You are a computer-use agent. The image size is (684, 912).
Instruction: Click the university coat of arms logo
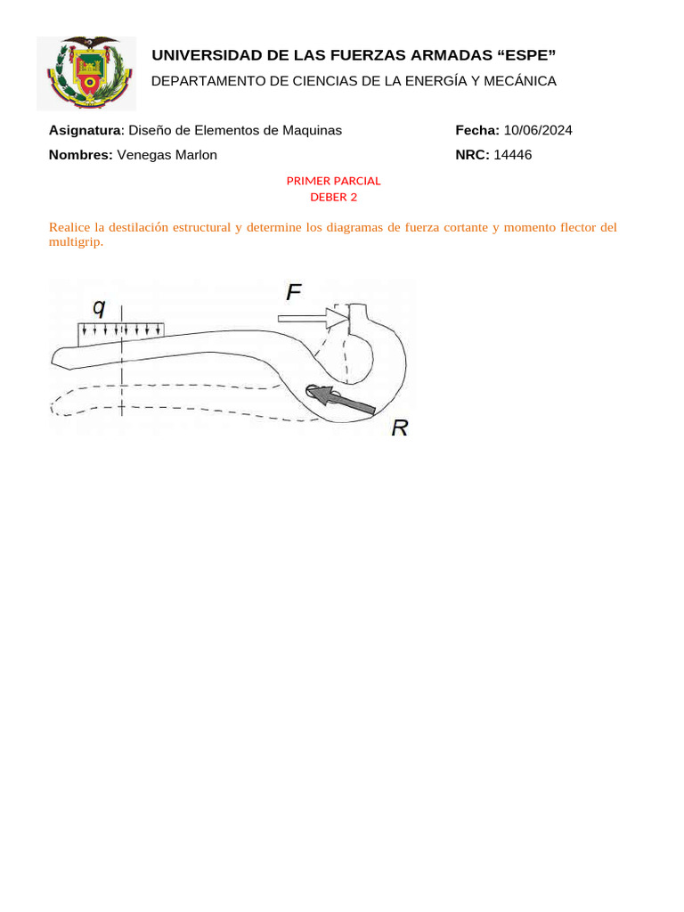pos(86,72)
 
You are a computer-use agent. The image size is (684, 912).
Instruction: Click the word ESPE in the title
pos(525,56)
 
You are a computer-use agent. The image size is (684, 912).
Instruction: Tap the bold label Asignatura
pos(84,130)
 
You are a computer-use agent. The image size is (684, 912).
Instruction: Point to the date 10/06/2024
pos(538,130)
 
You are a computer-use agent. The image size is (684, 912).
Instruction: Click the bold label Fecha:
pos(477,130)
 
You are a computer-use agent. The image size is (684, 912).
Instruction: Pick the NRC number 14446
pos(512,155)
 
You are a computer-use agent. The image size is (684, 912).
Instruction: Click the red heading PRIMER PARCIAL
pos(333,181)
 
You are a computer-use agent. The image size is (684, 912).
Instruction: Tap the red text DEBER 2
pos(333,197)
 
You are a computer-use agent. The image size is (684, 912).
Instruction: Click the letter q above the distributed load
pos(99,307)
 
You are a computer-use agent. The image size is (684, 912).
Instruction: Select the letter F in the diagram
pos(294,291)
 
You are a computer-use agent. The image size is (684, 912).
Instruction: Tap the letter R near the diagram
pos(399,428)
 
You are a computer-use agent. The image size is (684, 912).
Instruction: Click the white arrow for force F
pos(313,317)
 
